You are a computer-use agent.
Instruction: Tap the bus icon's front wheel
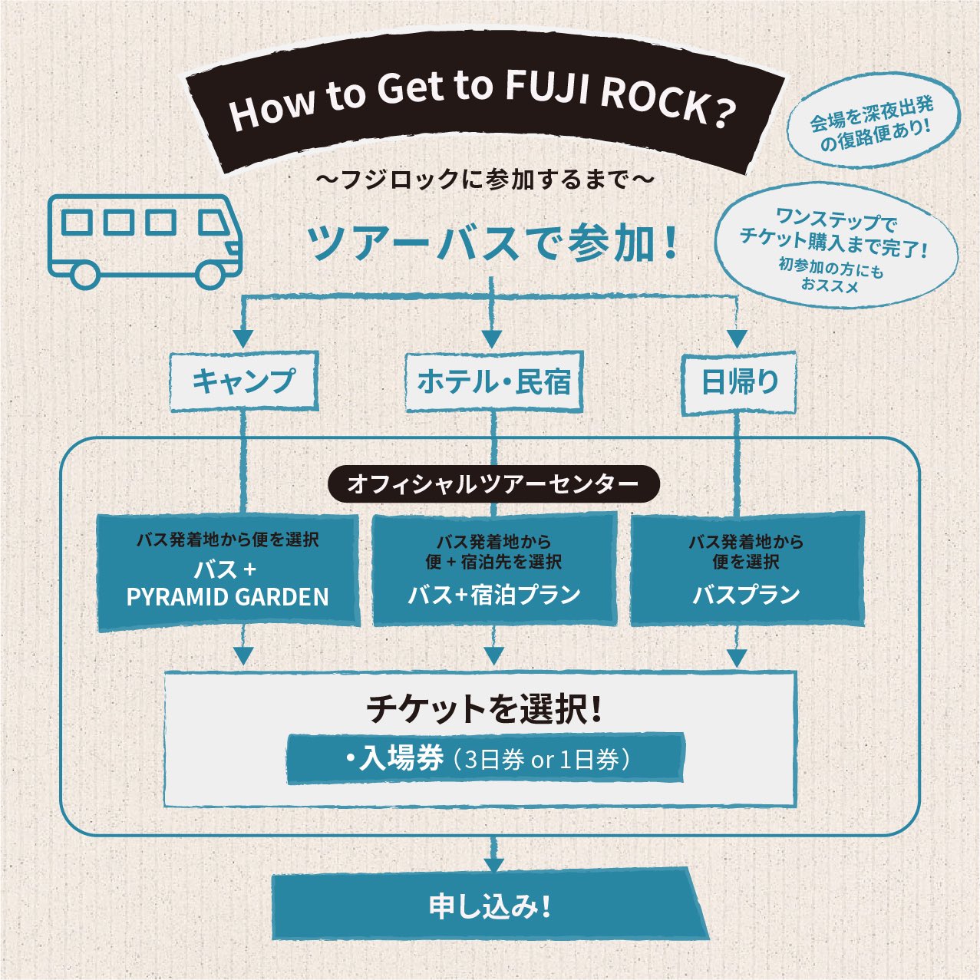coord(209,272)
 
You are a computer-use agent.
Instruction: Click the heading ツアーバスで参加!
coord(491,243)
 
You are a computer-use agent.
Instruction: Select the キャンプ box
coord(243,381)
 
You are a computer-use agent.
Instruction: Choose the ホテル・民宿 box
coord(493,381)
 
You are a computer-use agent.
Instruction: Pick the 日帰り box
coord(738,381)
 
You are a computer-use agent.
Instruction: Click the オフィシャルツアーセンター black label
coord(493,483)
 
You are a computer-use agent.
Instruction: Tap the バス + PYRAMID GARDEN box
coord(228,572)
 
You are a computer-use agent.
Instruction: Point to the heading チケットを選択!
coord(483,708)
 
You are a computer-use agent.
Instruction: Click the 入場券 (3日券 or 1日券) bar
coord(485,759)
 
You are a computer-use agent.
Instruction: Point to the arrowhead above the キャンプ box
coord(243,338)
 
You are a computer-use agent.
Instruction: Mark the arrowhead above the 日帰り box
coord(737,338)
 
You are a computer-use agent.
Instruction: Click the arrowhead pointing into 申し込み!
coord(493,864)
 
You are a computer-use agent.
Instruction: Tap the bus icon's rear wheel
coord(84,272)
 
